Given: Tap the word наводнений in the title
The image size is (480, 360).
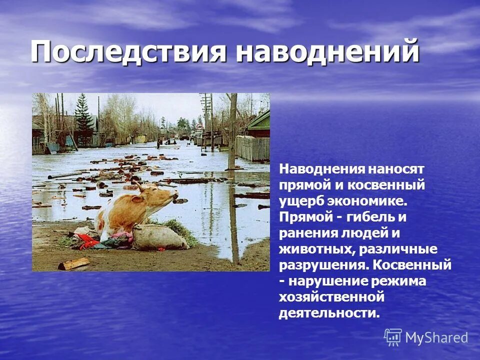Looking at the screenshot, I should [327, 52].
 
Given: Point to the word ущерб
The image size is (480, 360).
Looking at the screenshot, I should [300, 201].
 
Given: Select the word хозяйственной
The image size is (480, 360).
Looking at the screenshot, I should [331, 297].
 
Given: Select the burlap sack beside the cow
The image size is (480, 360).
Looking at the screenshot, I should [158, 237].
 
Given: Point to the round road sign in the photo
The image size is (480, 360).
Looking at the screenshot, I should [199, 127].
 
